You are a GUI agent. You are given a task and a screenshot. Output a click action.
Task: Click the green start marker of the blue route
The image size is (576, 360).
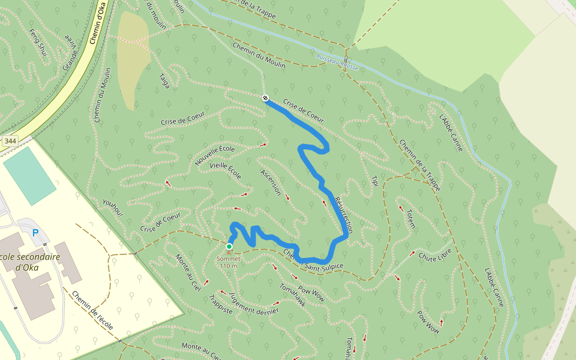(x=229, y=247)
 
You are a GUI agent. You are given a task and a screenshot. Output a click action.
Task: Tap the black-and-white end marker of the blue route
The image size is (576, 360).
(x=265, y=98)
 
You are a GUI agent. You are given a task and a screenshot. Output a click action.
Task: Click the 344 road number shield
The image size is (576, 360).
(x=10, y=141)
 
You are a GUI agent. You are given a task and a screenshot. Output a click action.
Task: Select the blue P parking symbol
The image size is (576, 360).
(x=35, y=233)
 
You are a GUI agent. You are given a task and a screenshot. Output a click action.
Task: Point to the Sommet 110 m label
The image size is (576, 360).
(x=229, y=262)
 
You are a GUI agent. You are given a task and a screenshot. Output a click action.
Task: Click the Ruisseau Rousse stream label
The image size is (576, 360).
(x=337, y=63)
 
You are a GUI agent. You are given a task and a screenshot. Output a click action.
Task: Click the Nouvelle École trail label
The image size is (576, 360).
(x=215, y=155)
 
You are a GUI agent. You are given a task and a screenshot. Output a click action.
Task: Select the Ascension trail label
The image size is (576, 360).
(x=271, y=182)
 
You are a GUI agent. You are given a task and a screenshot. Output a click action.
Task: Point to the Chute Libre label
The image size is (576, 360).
(x=436, y=257)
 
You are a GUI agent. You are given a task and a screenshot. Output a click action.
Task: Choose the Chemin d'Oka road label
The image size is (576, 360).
(x=97, y=28)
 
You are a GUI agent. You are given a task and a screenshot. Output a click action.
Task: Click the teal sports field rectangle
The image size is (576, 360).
(x=29, y=175)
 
